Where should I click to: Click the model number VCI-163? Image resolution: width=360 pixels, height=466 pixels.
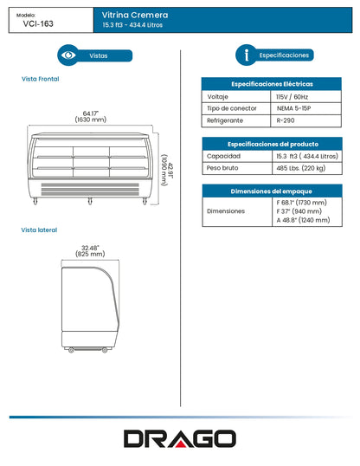40,25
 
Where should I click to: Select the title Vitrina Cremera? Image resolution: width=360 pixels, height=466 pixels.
134,16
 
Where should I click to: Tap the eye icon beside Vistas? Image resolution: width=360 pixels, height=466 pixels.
69,55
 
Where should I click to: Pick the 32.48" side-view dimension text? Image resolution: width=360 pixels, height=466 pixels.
91,249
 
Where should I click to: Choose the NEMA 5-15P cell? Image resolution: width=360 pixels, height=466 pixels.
295,110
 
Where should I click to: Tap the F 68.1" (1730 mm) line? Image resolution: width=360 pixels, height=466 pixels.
302,202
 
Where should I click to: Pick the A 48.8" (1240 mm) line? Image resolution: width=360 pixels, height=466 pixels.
302,221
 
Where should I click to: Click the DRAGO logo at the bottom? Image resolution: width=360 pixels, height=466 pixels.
179,438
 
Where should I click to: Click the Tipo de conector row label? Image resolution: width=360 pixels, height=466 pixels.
232,110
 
